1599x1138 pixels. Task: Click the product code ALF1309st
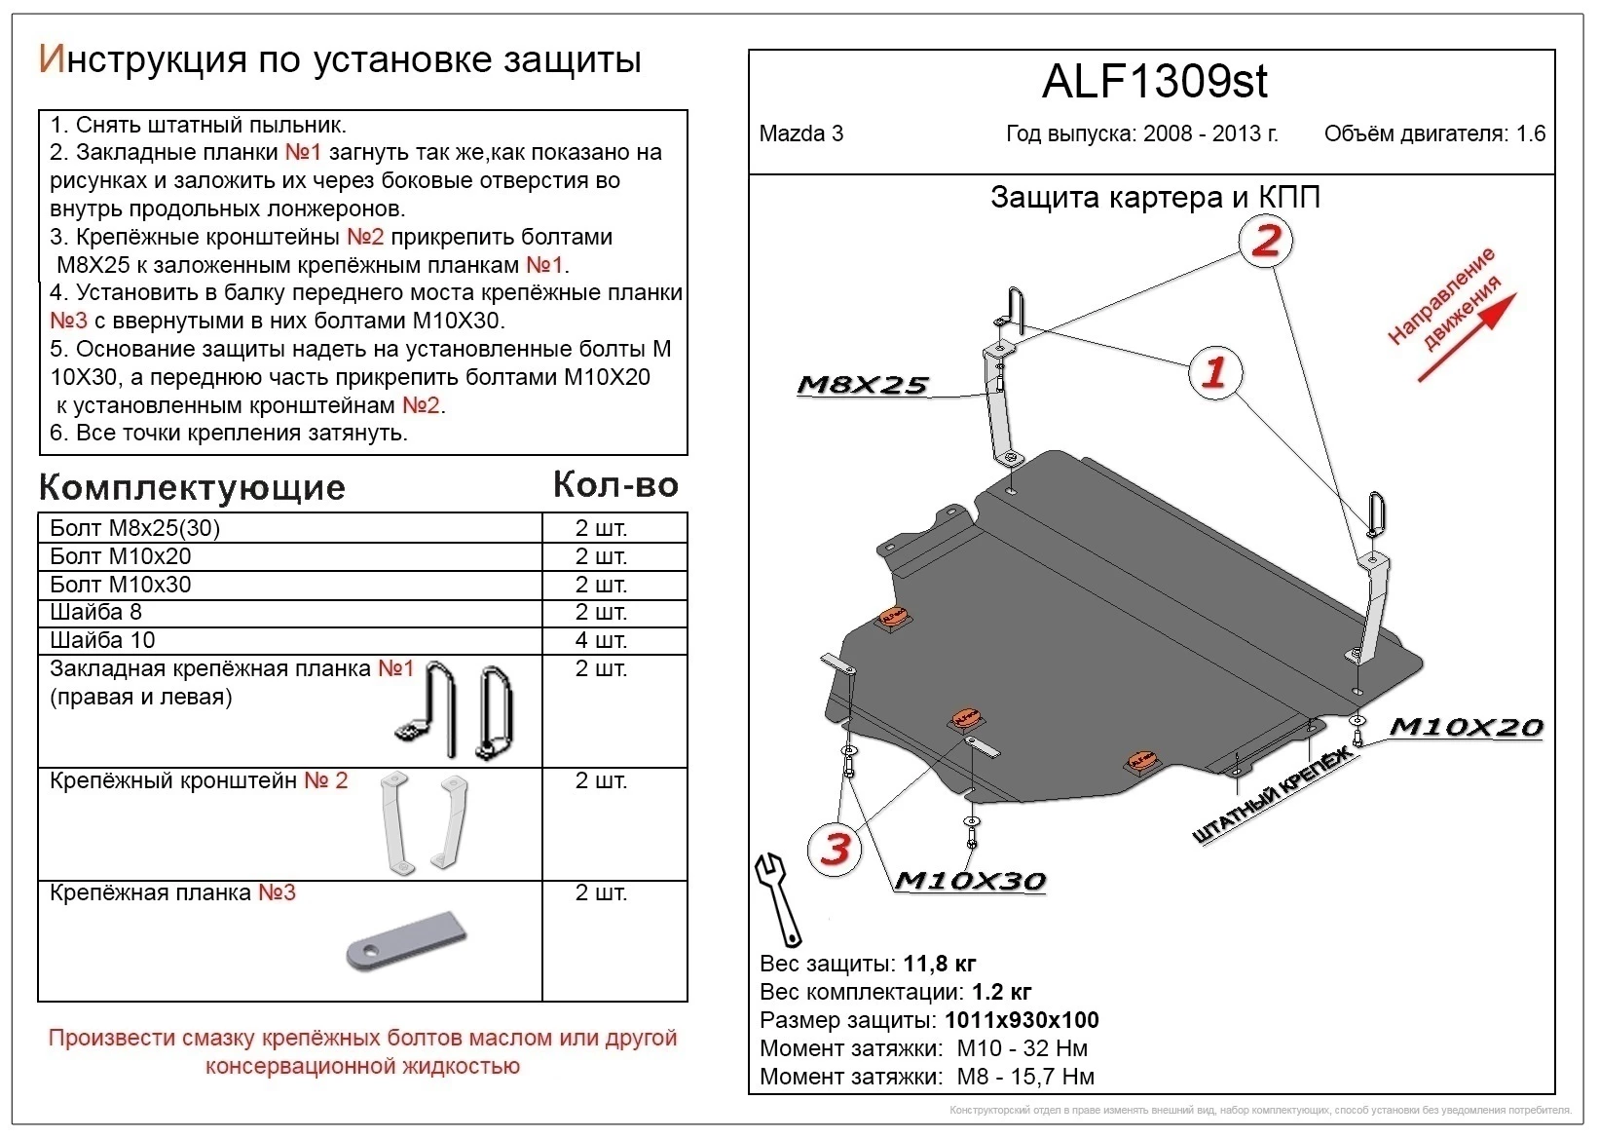1154,82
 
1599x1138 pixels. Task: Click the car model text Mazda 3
800,134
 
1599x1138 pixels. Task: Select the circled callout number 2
1265,241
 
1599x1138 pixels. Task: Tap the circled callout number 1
1214,372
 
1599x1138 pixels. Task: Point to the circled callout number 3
836,850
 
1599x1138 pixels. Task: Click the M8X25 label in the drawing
862,386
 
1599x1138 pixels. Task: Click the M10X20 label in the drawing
1465,728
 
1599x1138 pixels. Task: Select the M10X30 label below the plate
969,881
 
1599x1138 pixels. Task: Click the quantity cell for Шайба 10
601,640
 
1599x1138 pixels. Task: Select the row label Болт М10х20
121,556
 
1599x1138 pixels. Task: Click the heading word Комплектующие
192,487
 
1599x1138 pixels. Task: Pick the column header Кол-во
615,484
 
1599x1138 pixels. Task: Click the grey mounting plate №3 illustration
406,941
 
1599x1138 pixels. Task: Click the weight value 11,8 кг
939,965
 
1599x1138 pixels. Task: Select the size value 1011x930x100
1022,1020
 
